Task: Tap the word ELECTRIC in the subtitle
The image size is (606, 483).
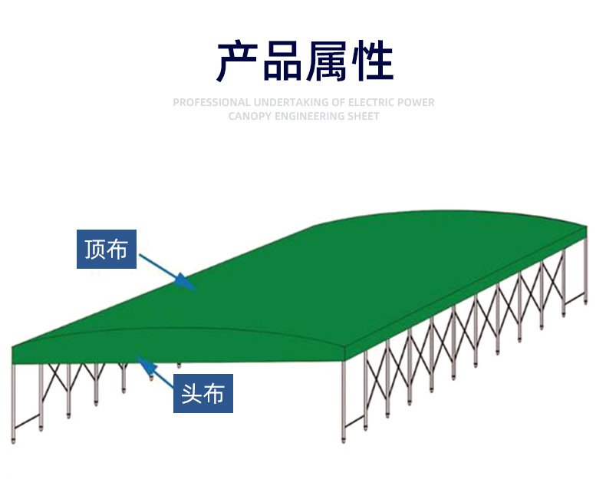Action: pyautogui.click(x=372, y=102)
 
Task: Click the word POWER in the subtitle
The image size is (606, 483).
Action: pyautogui.click(x=417, y=102)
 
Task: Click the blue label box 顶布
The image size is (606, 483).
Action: pyautogui.click(x=107, y=249)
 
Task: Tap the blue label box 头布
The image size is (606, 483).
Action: pyautogui.click(x=203, y=394)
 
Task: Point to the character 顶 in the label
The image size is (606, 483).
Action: pyautogui.click(x=94, y=249)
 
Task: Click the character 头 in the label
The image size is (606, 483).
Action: pyautogui.click(x=191, y=394)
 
